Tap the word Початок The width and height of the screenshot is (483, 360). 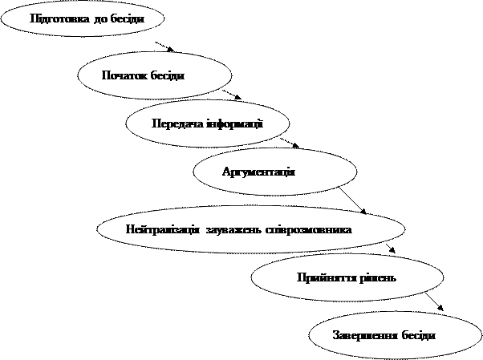(121, 75)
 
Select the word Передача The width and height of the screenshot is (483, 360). (177, 123)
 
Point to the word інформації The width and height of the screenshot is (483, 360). (234, 123)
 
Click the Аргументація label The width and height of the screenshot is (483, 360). (258, 173)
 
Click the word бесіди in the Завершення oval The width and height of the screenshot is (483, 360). (418, 334)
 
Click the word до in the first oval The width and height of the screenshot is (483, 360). (101, 19)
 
